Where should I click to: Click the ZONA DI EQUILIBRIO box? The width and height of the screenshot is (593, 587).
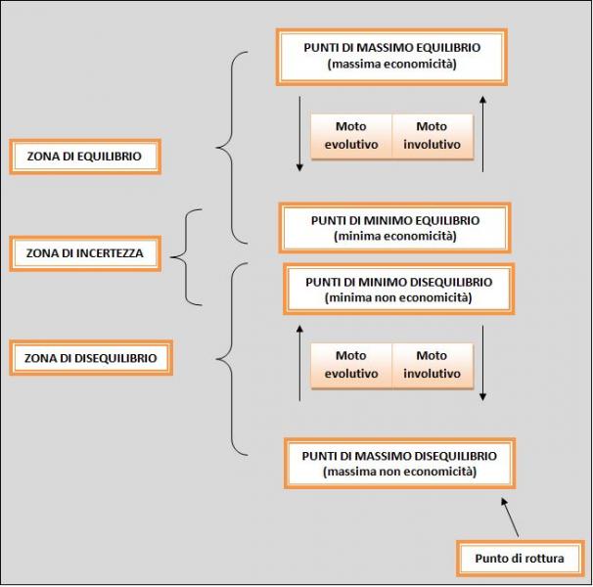[84, 157]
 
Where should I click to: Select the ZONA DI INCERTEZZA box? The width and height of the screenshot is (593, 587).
[84, 252]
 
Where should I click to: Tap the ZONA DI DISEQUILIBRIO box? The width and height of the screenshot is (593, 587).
[90, 358]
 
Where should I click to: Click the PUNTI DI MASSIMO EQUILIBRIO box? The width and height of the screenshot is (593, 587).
[393, 56]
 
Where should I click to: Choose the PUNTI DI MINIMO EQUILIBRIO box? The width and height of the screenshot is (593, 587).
[394, 228]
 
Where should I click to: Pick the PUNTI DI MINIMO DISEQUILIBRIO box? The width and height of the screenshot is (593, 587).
[398, 290]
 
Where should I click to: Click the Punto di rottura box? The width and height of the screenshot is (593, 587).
[519, 559]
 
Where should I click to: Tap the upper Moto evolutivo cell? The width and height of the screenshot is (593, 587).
[350, 136]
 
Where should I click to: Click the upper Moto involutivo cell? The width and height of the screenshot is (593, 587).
[432, 136]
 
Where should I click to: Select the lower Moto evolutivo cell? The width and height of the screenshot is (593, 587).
[350, 365]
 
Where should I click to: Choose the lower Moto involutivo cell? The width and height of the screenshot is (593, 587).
[432, 365]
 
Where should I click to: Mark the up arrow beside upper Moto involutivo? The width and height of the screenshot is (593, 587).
[482, 132]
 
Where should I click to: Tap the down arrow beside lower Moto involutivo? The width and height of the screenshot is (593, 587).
[482, 362]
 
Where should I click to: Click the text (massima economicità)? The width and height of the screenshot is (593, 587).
[393, 65]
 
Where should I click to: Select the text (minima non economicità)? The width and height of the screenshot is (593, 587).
[398, 297]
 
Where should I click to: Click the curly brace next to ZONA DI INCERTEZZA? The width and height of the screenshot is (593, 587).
[188, 256]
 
